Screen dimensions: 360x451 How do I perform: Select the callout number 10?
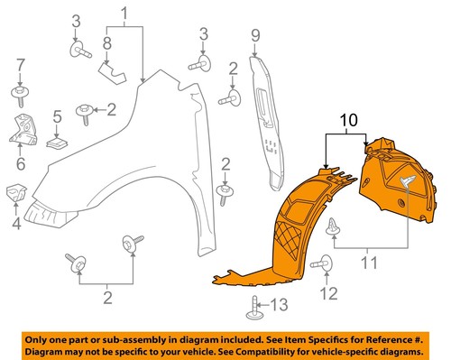point(347,119)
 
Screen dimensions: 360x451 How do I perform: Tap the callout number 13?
point(282,302)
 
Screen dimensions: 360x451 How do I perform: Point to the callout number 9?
point(255,35)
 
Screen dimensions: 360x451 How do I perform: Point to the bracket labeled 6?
point(22,128)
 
